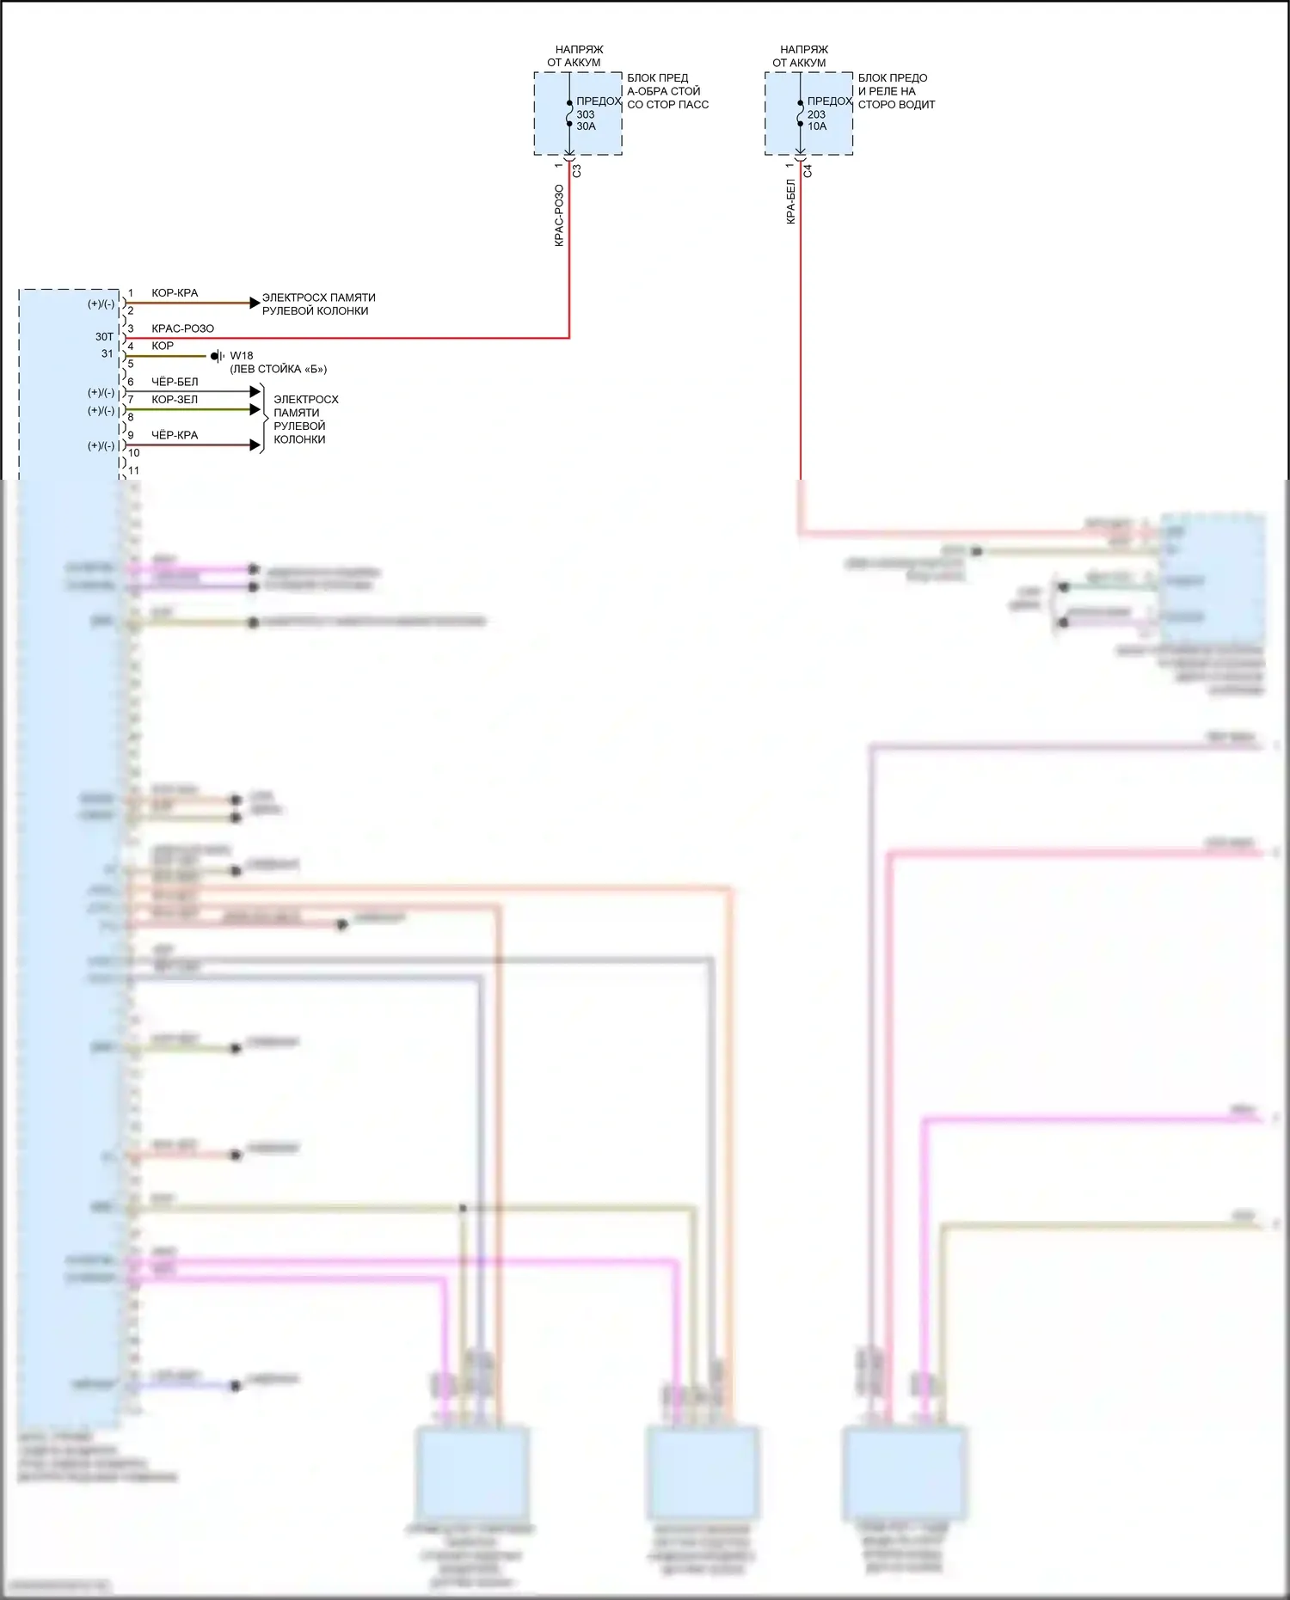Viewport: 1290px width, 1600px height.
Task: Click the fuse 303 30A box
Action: click(x=578, y=113)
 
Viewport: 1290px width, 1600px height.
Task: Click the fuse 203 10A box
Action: click(x=808, y=113)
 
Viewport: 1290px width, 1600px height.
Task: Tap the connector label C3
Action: click(x=577, y=171)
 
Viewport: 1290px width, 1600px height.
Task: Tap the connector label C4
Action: click(x=808, y=171)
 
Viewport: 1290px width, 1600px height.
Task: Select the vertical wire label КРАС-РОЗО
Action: click(x=559, y=216)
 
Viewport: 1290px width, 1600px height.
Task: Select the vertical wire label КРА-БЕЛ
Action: click(x=790, y=201)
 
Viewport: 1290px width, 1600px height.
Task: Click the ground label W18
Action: click(x=242, y=356)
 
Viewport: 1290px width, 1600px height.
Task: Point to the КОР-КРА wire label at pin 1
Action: click(x=175, y=293)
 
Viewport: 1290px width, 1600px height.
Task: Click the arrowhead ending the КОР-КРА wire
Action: click(x=255, y=303)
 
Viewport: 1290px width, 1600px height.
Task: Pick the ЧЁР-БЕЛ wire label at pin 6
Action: click(x=175, y=382)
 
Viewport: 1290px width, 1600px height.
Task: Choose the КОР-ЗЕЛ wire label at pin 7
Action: click(x=175, y=400)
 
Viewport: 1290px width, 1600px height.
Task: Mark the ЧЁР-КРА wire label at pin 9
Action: click(x=175, y=435)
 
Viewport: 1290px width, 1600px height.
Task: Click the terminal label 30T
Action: click(x=104, y=337)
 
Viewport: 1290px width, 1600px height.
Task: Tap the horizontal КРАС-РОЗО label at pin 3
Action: click(x=182, y=328)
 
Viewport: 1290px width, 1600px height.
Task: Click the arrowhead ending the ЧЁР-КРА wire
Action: click(x=255, y=444)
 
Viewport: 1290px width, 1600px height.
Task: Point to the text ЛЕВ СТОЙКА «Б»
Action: click(x=278, y=369)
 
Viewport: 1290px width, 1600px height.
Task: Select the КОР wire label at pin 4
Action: click(x=163, y=346)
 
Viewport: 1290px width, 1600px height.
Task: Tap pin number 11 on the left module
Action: click(x=133, y=470)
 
